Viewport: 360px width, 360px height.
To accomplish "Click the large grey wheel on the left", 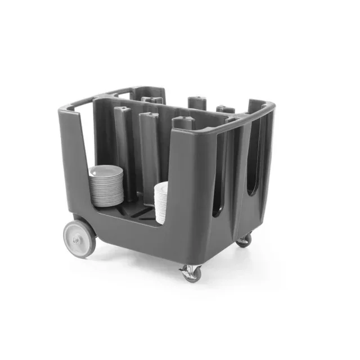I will point(79,238).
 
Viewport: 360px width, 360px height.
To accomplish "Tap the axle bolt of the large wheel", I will point(79,238).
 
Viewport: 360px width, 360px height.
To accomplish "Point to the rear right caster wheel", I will point(244,240).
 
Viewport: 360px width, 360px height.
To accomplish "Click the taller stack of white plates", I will point(106,186).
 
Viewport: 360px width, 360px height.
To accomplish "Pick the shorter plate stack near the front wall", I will point(161,202).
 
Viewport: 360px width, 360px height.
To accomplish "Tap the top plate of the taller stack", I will point(105,169).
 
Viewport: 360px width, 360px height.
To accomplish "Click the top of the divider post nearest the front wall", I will point(183,120).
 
